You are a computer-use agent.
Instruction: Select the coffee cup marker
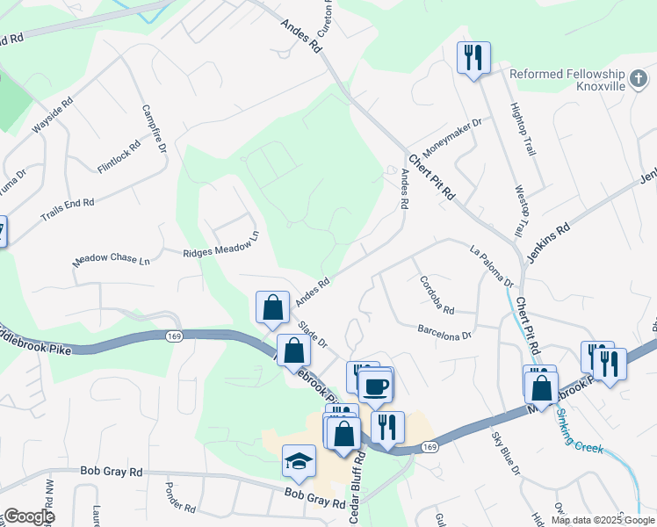click(x=376, y=385)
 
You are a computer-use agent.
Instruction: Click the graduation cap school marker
click(x=299, y=460)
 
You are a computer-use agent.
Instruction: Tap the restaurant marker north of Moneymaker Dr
click(x=473, y=58)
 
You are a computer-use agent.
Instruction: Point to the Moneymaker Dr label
click(x=452, y=136)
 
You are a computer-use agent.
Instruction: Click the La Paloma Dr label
click(x=492, y=266)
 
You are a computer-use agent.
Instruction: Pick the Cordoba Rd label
click(x=437, y=297)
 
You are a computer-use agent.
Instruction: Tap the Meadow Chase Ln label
click(x=112, y=260)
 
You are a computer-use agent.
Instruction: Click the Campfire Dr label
click(x=155, y=129)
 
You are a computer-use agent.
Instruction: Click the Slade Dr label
click(x=312, y=334)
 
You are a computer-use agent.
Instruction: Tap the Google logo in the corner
click(x=29, y=516)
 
